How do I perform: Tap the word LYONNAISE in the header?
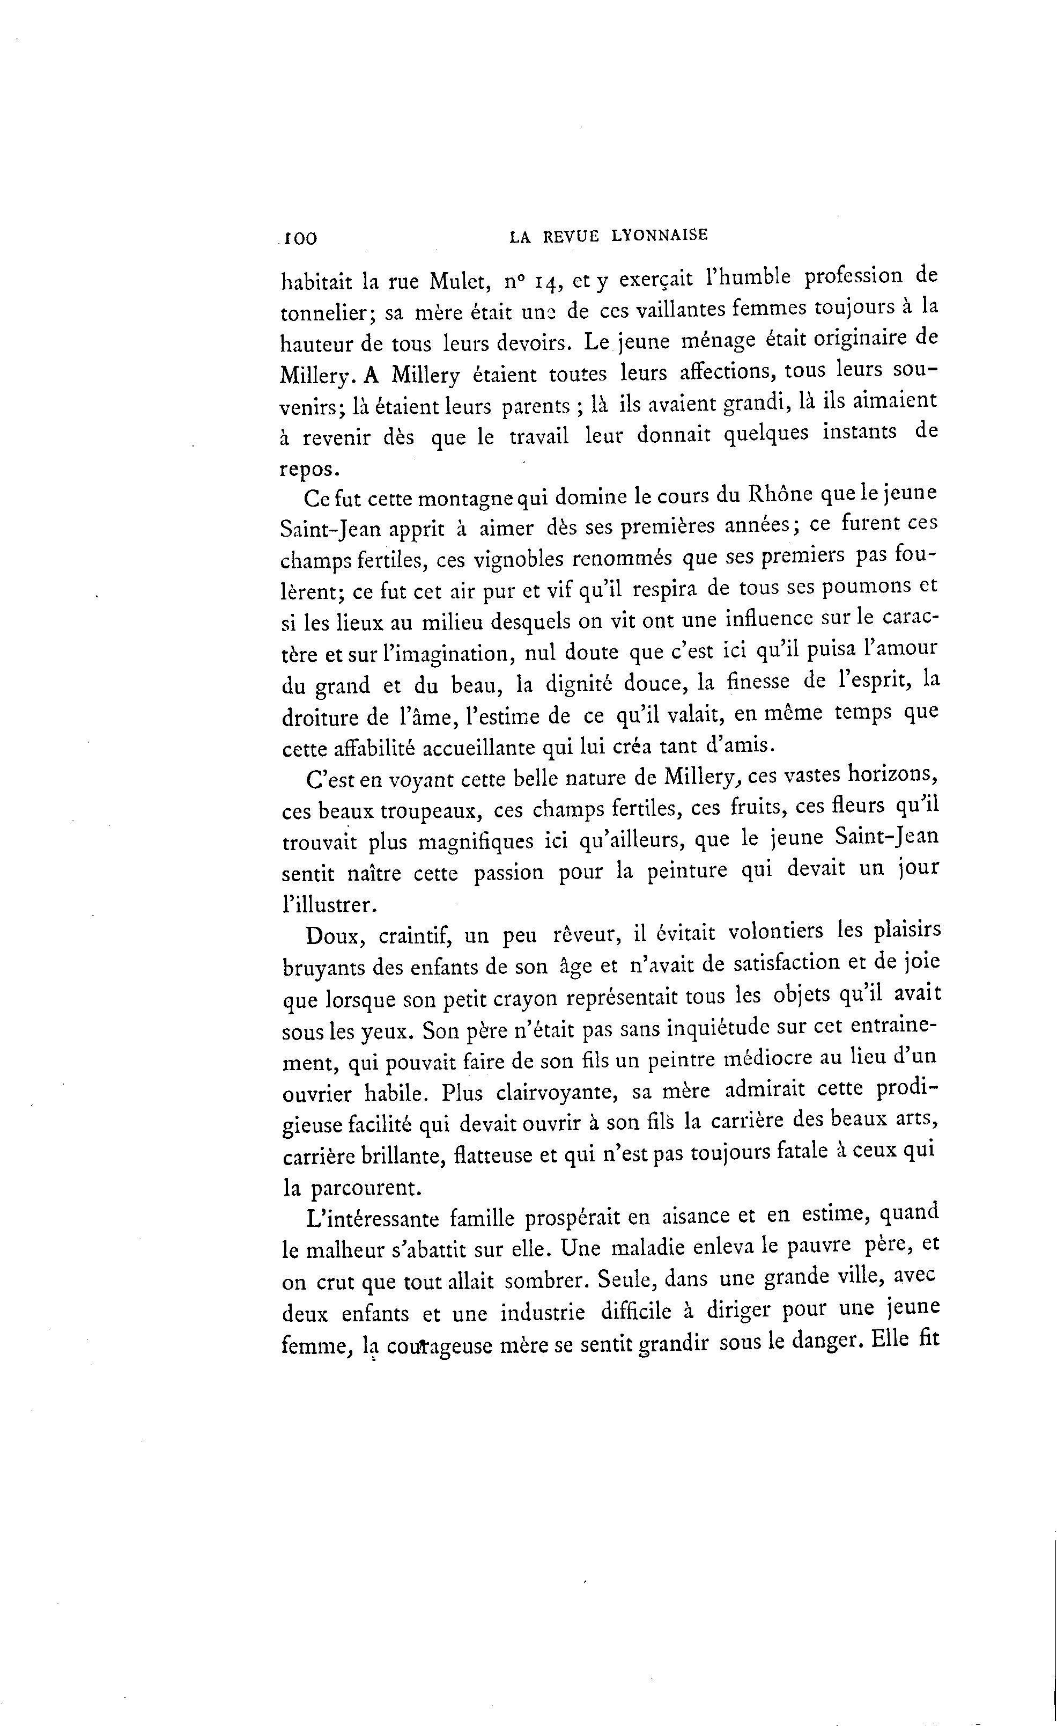(x=660, y=236)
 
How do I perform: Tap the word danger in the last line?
(x=822, y=1341)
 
